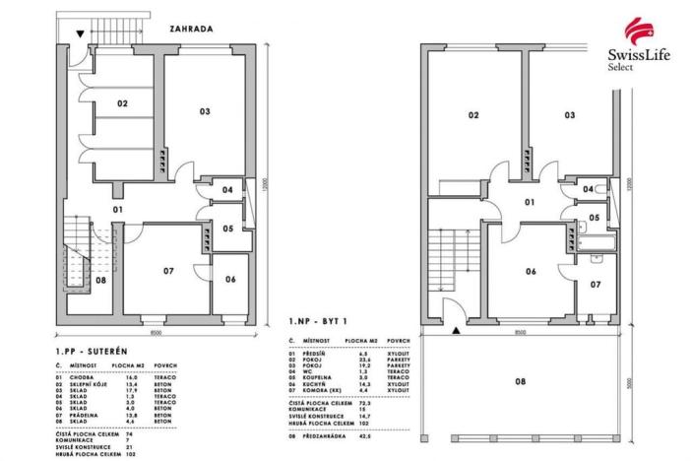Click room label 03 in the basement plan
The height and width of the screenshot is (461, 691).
(x=205, y=112)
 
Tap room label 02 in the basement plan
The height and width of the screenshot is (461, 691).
(x=123, y=103)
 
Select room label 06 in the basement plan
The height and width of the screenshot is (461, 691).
(x=229, y=280)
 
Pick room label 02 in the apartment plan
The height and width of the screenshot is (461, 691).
(x=472, y=116)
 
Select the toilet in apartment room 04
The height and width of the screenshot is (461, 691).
(x=574, y=188)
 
